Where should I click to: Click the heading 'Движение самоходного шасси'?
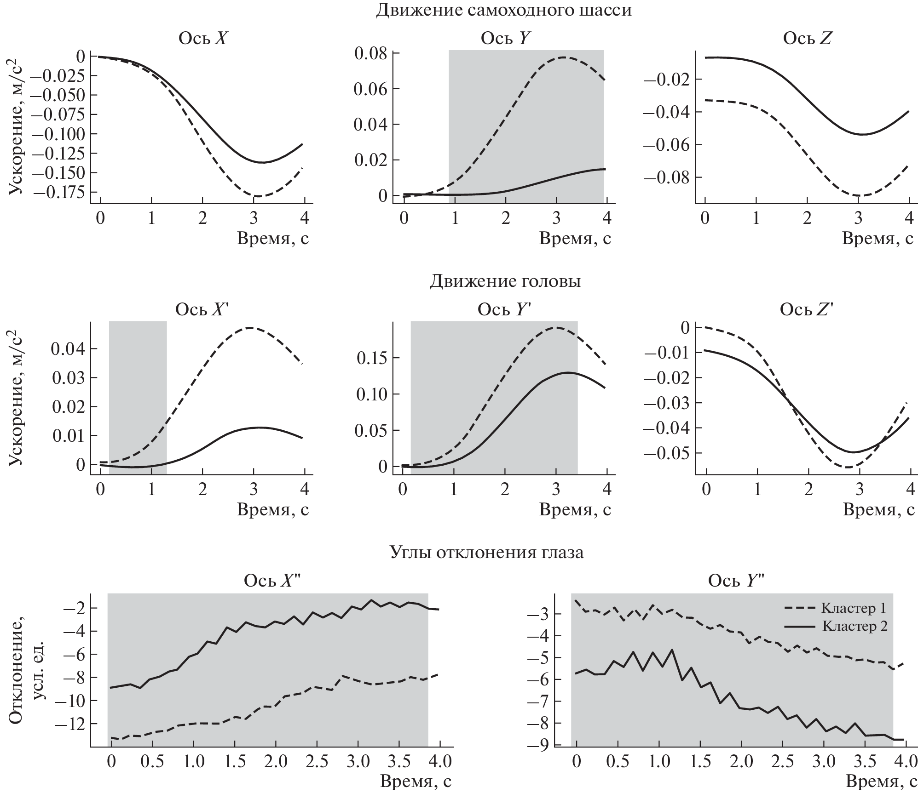coord(503,10)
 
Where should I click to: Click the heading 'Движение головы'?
coord(505,281)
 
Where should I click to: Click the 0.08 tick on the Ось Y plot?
coord(370,53)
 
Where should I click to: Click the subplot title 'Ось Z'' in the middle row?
coord(806,310)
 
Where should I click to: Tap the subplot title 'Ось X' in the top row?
coord(202,39)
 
